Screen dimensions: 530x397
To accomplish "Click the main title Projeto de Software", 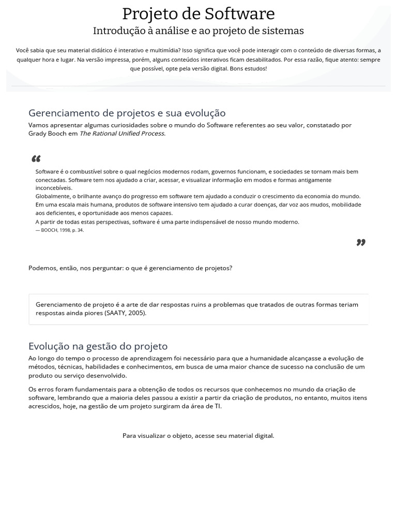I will tap(198, 14).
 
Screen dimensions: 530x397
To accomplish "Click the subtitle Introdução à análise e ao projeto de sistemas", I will tap(198, 31).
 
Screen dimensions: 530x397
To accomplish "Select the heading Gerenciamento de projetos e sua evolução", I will tap(127, 113).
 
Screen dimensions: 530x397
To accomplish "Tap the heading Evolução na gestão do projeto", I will tap(98, 346).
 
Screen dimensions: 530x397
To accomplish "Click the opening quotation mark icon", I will tap(36, 159).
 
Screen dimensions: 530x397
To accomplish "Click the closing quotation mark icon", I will tap(361, 242).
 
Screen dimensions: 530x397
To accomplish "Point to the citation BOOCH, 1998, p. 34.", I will tap(59, 230).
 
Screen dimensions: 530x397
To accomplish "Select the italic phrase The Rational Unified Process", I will tap(122, 134).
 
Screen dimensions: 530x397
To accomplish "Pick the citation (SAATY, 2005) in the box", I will tap(125, 313).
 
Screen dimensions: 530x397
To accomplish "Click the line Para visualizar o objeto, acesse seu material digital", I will tap(198, 436).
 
